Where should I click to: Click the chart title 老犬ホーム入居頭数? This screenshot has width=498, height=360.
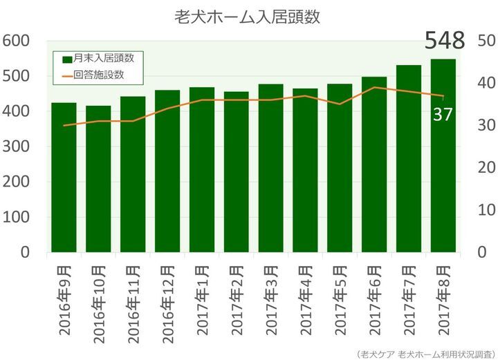(x=248, y=17)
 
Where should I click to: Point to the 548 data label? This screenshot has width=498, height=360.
(x=445, y=41)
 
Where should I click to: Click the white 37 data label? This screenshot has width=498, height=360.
(x=442, y=115)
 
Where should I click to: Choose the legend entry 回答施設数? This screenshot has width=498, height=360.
(x=98, y=74)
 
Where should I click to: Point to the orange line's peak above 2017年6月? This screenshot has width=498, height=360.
(x=374, y=88)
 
